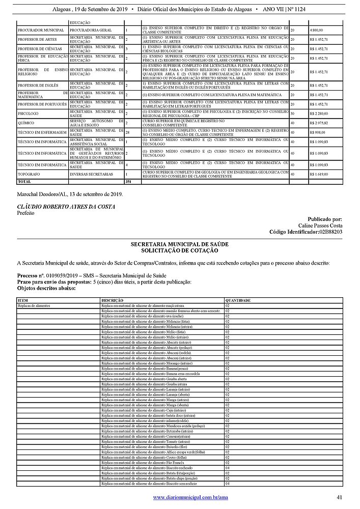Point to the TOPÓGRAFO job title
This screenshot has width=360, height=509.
click(x=29, y=174)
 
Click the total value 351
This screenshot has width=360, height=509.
click(x=128, y=181)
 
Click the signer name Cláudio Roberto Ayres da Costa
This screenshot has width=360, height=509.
click(x=66, y=207)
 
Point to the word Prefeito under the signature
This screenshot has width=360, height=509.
click(x=26, y=214)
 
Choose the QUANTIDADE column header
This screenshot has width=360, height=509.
click(x=238, y=301)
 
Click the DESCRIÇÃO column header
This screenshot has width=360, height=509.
click(x=112, y=301)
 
